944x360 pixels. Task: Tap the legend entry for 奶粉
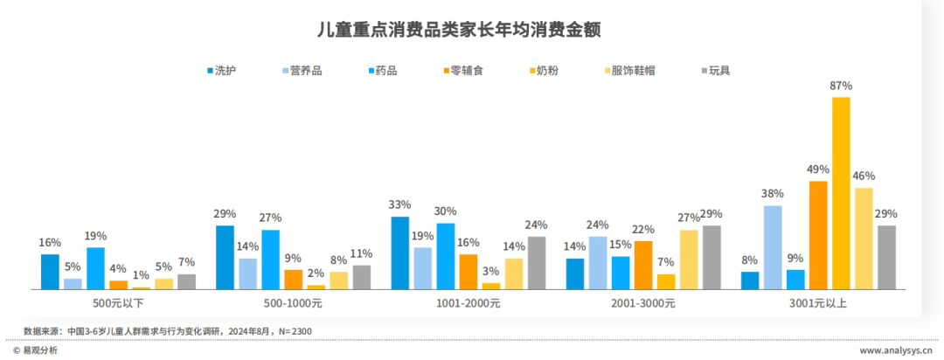pos(547,70)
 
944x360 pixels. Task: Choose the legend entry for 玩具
pos(718,70)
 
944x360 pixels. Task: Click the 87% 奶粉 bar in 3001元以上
pos(841,192)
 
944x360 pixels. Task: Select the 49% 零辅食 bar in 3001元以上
pos(818,234)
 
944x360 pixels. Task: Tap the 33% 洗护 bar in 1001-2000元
pos(399,253)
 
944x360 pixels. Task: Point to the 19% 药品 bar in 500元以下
pos(95,267)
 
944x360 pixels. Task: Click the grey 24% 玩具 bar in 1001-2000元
pos(536,262)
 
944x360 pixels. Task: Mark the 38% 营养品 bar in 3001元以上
pos(773,246)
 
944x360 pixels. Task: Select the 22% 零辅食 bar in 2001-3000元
pos(643,264)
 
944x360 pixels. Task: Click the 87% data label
pos(841,86)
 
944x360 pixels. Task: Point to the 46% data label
pos(864,176)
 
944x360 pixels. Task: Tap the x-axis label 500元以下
pos(119,303)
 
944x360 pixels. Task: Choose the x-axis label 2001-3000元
pos(643,303)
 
